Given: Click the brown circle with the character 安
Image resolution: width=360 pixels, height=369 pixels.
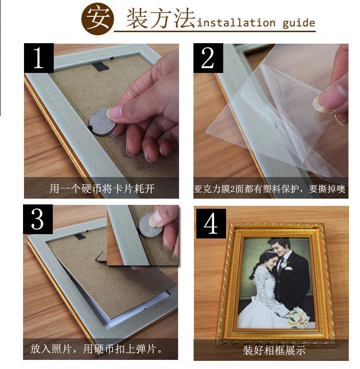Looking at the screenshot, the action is click(97, 19).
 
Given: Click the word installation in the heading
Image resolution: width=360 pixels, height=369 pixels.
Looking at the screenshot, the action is click(236, 23).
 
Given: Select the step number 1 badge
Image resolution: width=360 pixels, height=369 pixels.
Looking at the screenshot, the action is click(39, 58).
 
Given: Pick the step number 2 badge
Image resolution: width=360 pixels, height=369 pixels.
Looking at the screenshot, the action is click(208, 58).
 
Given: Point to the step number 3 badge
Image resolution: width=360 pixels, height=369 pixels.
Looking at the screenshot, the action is click(37, 219).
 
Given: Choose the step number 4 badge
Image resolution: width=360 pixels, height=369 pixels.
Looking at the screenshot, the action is click(211, 223).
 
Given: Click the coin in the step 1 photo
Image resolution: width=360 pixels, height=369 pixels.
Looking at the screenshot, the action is click(102, 122).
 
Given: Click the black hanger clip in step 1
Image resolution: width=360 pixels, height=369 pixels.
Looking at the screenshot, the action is click(100, 67).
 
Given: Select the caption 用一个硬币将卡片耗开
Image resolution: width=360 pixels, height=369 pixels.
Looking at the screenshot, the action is click(102, 189).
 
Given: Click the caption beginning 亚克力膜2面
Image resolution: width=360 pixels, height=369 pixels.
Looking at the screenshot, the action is click(270, 189).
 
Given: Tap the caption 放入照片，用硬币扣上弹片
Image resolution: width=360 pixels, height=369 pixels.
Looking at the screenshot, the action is click(96, 349).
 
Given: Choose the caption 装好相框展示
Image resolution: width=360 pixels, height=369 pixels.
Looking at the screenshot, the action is click(274, 350).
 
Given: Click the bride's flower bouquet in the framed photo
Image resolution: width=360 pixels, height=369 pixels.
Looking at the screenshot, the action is click(299, 317).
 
